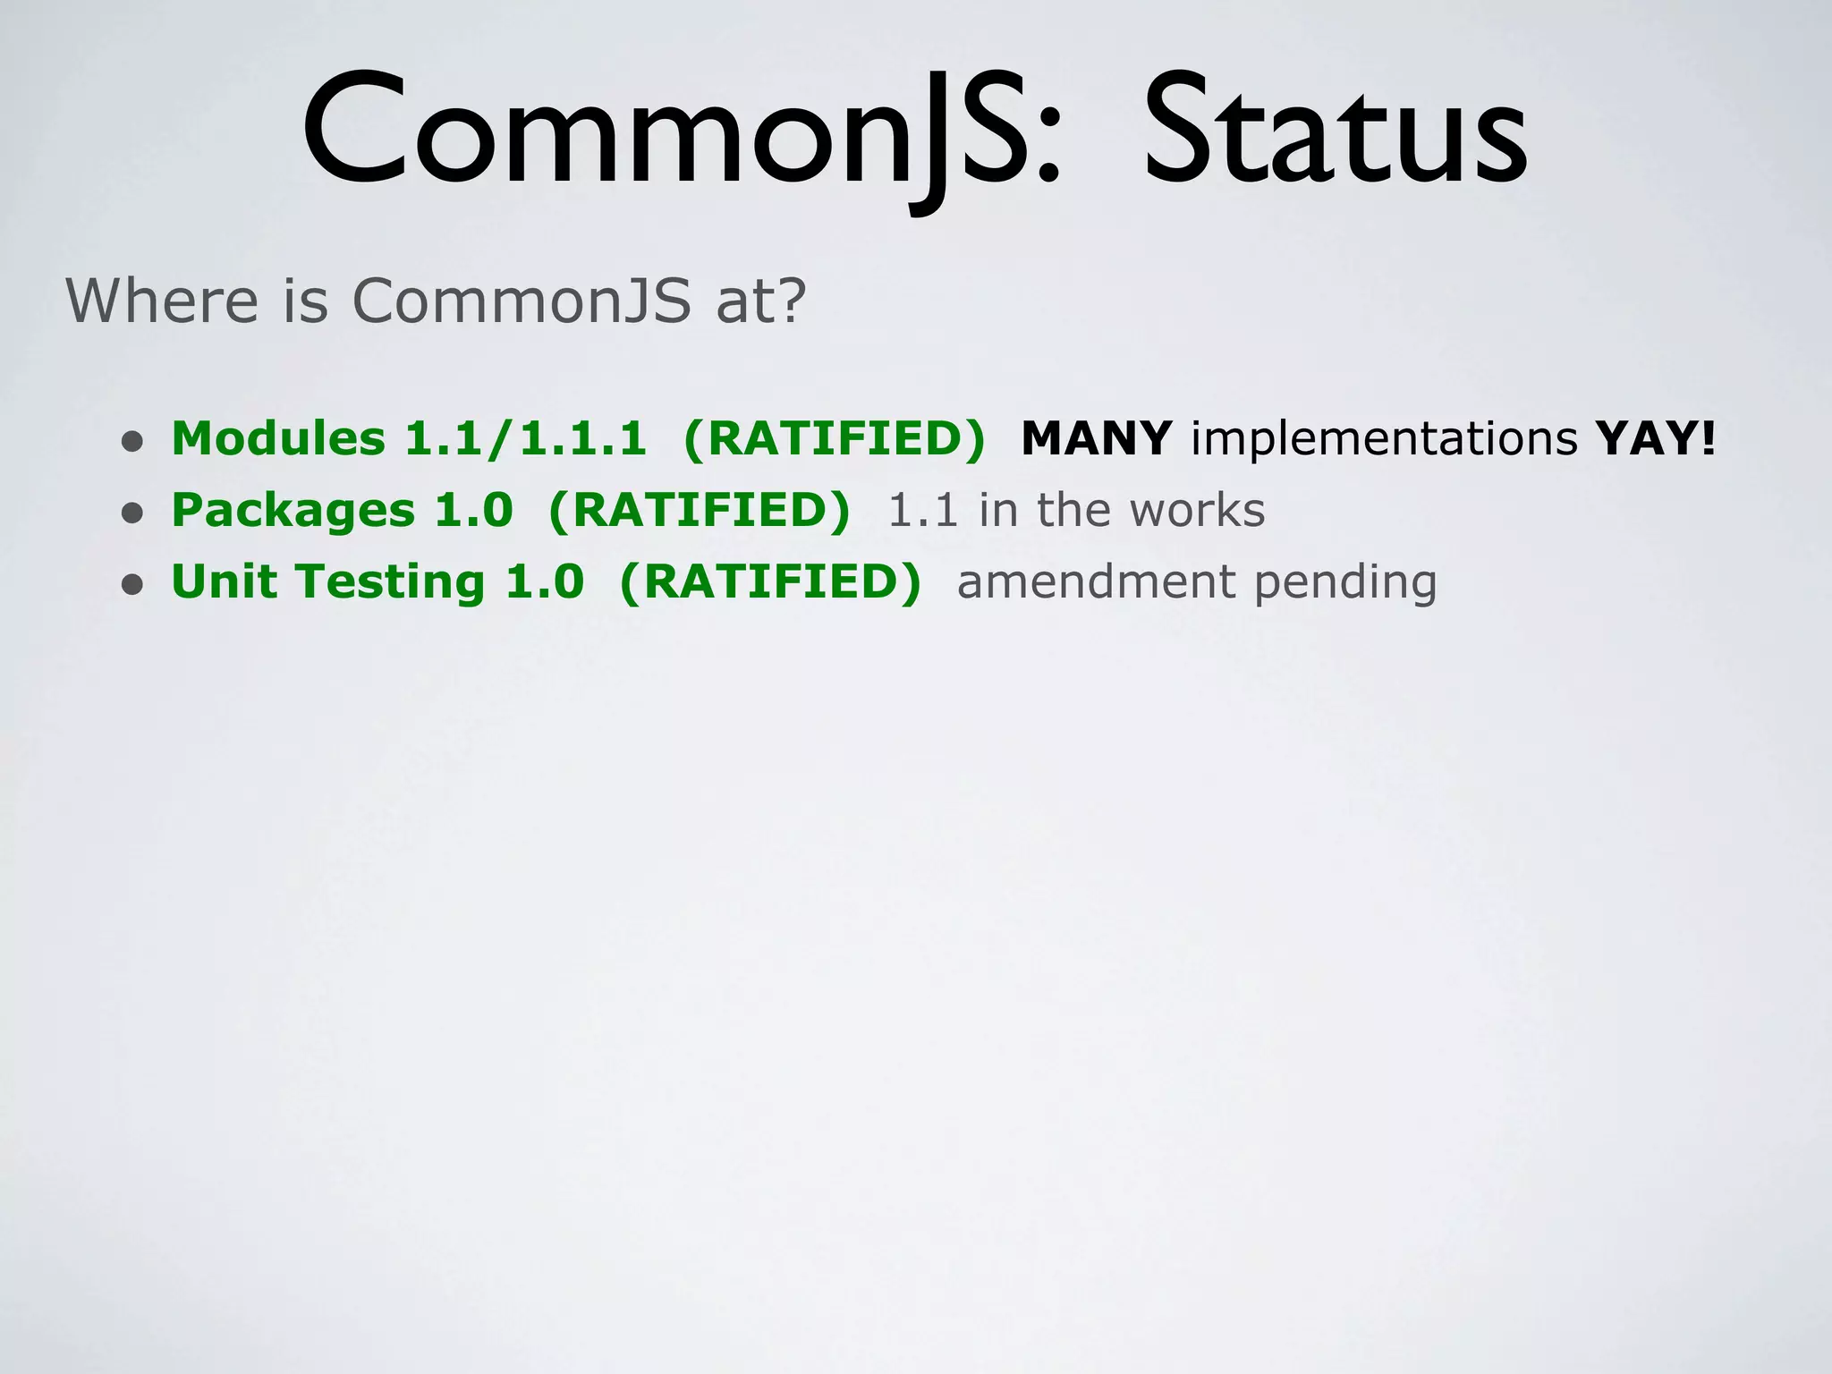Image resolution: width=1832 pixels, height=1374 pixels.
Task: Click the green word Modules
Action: click(278, 439)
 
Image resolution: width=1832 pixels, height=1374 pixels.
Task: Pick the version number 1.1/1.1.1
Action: click(526, 439)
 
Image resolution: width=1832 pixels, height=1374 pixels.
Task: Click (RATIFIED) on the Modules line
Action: click(834, 439)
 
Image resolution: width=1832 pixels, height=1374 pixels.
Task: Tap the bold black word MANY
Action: click(1096, 439)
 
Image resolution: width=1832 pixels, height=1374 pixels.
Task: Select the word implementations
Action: click(1384, 439)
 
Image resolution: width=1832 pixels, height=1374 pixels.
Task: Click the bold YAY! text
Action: click(1656, 439)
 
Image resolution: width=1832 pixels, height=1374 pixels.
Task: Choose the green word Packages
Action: click(293, 511)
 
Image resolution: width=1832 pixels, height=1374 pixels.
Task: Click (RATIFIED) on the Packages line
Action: click(699, 511)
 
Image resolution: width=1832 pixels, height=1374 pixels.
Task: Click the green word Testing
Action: click(390, 582)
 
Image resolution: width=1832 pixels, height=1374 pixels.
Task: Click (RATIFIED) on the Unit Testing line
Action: click(769, 582)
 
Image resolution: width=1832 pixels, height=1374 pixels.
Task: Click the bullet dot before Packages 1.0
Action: click(132, 513)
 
